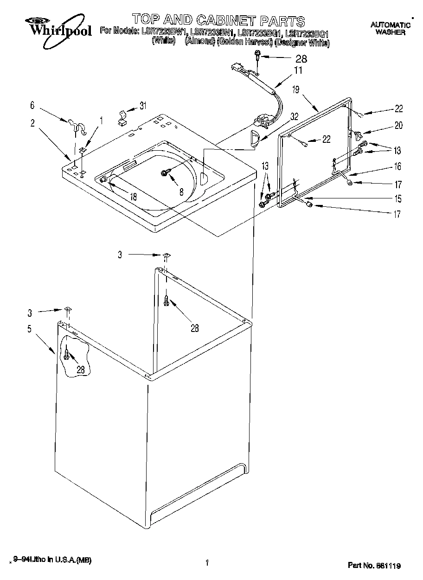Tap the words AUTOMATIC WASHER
coord(390,29)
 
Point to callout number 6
coord(32,106)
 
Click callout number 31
coord(143,106)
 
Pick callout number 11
coord(298,70)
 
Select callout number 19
coord(295,90)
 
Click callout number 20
coord(398,125)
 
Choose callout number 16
coord(397,166)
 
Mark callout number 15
coord(397,199)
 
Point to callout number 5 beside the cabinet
coord(29,329)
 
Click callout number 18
coord(133,197)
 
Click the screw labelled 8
coord(165,172)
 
